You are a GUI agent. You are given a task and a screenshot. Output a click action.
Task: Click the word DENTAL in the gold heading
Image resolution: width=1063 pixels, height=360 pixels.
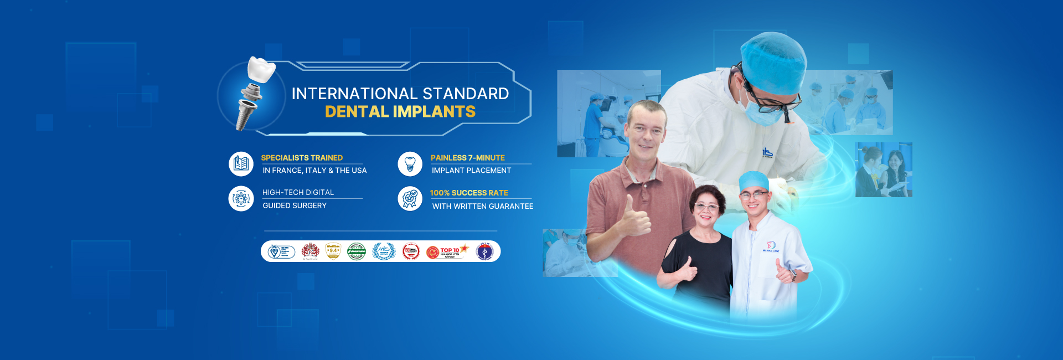click(x=357, y=112)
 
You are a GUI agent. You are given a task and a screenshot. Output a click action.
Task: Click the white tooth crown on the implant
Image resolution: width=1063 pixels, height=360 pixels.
click(x=261, y=69)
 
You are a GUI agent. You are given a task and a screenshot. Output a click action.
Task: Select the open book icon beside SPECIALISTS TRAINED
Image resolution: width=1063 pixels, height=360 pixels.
click(x=241, y=164)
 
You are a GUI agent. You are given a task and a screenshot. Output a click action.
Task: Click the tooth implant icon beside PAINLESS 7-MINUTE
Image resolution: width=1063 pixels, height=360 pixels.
click(x=410, y=164)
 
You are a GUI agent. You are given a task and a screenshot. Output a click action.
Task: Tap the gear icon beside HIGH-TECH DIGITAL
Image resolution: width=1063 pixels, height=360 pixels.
click(x=241, y=198)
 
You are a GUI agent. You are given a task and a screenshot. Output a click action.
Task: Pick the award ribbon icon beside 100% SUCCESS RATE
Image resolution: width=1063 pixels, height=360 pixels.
click(x=410, y=198)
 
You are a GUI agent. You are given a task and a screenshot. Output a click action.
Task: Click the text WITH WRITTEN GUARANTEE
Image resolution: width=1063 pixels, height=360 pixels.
click(x=482, y=206)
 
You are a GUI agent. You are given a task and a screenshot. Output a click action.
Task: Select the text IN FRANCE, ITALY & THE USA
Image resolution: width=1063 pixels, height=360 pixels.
click(x=314, y=171)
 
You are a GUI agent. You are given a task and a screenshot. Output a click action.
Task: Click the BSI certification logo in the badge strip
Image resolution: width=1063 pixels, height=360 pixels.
click(x=281, y=251)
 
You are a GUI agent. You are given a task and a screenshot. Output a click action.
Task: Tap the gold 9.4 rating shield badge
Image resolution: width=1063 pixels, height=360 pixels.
click(x=333, y=251)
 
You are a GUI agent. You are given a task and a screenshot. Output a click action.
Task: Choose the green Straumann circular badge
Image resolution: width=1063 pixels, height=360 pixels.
click(x=357, y=251)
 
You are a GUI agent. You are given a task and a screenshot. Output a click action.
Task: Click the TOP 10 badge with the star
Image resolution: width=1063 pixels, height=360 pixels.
click(x=448, y=251)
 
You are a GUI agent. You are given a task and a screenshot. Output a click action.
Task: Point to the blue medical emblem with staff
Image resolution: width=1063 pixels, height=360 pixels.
click(x=484, y=251)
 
